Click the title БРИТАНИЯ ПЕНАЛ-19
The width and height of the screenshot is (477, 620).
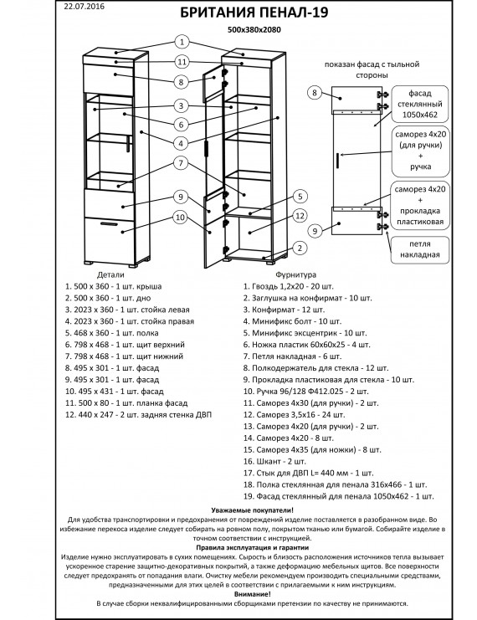[254, 13]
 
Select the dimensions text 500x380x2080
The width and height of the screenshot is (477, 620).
[254, 29]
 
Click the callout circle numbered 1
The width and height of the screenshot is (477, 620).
[182, 42]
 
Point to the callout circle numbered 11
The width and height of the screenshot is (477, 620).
[182, 62]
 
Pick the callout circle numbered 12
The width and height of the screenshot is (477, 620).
[300, 216]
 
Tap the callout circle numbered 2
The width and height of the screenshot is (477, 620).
[300, 248]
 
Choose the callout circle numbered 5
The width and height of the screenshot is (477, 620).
[300, 197]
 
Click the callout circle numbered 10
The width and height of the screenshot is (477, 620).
[181, 217]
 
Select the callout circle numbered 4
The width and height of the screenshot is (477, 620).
[181, 143]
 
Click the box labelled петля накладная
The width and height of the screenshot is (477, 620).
[419, 249]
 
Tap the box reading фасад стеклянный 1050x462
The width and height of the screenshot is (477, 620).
[419, 104]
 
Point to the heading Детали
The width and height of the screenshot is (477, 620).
[110, 274]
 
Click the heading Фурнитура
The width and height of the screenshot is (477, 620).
[296, 274]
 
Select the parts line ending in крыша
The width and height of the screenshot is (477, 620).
[114, 286]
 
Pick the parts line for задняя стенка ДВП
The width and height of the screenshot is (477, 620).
[138, 415]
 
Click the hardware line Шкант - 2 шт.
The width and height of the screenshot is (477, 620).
[274, 461]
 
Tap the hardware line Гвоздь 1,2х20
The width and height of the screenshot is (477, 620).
[289, 286]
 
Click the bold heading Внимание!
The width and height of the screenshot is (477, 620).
[253, 594]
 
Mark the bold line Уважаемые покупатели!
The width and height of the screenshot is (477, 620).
[253, 510]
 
